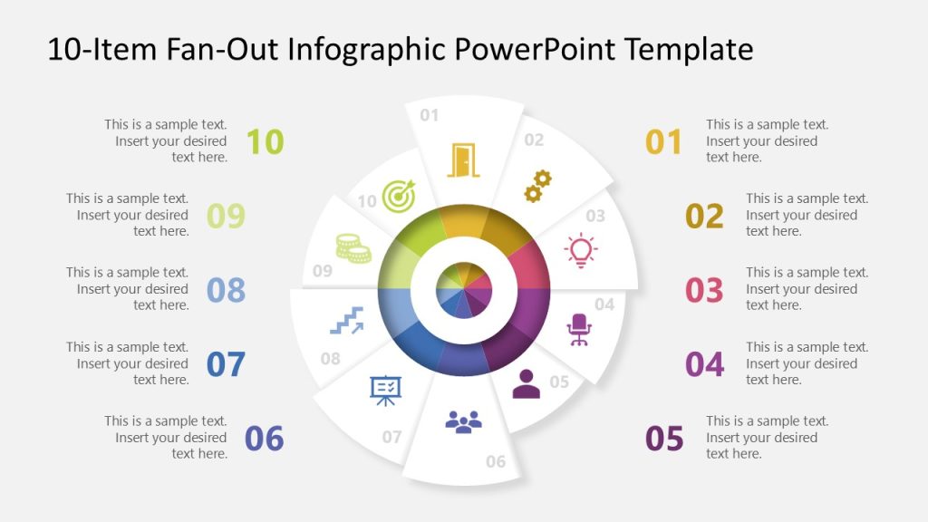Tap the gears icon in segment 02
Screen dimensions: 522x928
(x=536, y=186)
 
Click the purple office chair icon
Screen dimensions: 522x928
(x=578, y=329)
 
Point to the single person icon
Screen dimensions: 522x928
(x=526, y=384)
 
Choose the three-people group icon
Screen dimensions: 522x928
(x=463, y=421)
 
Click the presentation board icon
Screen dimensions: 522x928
(x=385, y=390)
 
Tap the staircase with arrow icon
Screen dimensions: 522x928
(x=346, y=321)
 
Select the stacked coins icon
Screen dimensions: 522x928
(x=353, y=247)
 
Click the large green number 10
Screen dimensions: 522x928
(x=265, y=141)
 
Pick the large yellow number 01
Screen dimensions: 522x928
(x=663, y=141)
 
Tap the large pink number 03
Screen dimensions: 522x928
(x=704, y=290)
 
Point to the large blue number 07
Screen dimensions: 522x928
(x=226, y=364)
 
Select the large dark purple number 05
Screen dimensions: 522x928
(x=664, y=439)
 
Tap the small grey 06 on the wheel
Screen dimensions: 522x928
(x=496, y=462)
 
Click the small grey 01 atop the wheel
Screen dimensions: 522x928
(x=429, y=115)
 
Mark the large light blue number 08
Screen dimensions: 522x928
(x=226, y=290)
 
